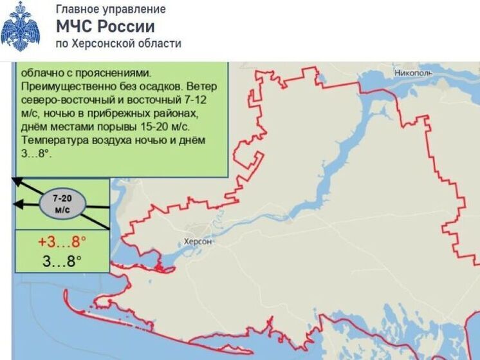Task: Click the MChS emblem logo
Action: point(20,26)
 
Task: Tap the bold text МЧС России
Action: point(106,26)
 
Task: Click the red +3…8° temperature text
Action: point(62,243)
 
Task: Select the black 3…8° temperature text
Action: point(62,261)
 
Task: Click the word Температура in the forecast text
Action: point(54,140)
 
